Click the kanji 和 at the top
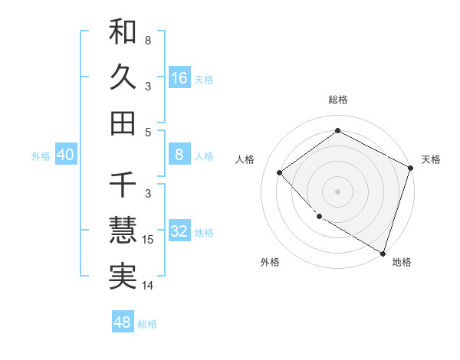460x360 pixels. (123, 32)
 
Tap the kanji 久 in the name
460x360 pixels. (123, 77)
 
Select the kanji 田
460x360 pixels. (123, 123)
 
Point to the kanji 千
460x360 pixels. (123, 185)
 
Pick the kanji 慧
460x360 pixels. (123, 231)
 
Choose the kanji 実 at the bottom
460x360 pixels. (123, 276)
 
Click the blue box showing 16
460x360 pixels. (179, 77)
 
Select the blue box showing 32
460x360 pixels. (179, 231)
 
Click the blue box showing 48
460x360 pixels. (123, 322)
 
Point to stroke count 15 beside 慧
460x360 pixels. (149, 240)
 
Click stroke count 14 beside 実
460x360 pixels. (149, 286)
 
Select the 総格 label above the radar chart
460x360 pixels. (337, 100)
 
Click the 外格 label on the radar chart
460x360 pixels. (270, 263)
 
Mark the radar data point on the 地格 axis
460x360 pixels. (383, 252)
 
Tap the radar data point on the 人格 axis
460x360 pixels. (280, 173)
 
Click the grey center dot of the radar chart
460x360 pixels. (337, 190)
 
